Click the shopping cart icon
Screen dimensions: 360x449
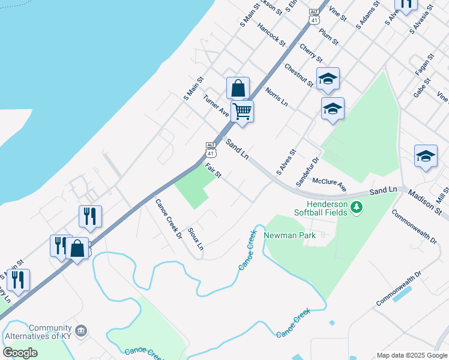click(x=242, y=111)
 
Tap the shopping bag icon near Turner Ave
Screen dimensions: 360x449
click(x=238, y=88)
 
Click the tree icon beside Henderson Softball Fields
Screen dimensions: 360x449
click(x=358, y=208)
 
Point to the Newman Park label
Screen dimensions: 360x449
click(x=289, y=235)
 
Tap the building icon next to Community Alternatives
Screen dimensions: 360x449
click(x=80, y=331)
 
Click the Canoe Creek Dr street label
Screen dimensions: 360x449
click(x=169, y=218)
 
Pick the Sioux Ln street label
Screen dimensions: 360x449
click(x=196, y=239)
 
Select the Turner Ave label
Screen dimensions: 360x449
click(x=216, y=106)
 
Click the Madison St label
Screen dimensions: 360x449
click(x=425, y=203)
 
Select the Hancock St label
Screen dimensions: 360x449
click(x=271, y=34)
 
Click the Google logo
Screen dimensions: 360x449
click(x=20, y=353)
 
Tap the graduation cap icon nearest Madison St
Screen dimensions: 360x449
click(x=426, y=156)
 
